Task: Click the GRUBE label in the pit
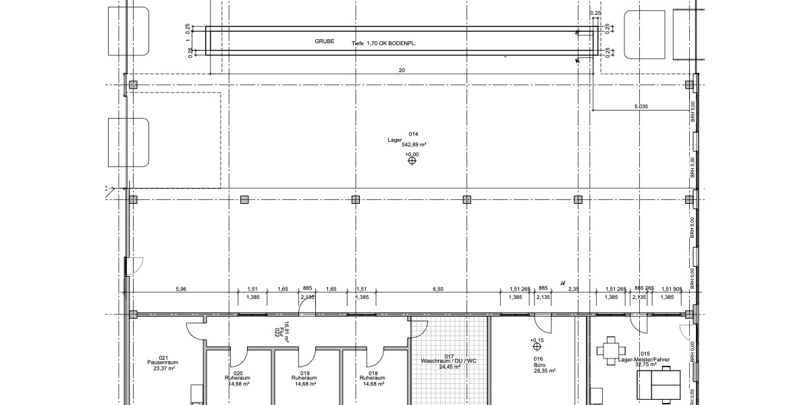coord(325,41)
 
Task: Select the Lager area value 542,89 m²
coord(413,144)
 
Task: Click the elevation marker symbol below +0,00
coord(411,161)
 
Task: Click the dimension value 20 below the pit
coord(402,70)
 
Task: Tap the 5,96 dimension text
coord(181,289)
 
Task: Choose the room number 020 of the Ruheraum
coord(238,373)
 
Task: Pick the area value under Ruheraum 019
coord(305,383)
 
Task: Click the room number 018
coord(373,373)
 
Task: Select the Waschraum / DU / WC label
coord(451,362)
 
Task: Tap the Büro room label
coord(539,365)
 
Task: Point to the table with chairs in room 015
coord(612,349)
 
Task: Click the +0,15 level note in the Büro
coord(537,340)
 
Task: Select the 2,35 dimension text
coord(574,289)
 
